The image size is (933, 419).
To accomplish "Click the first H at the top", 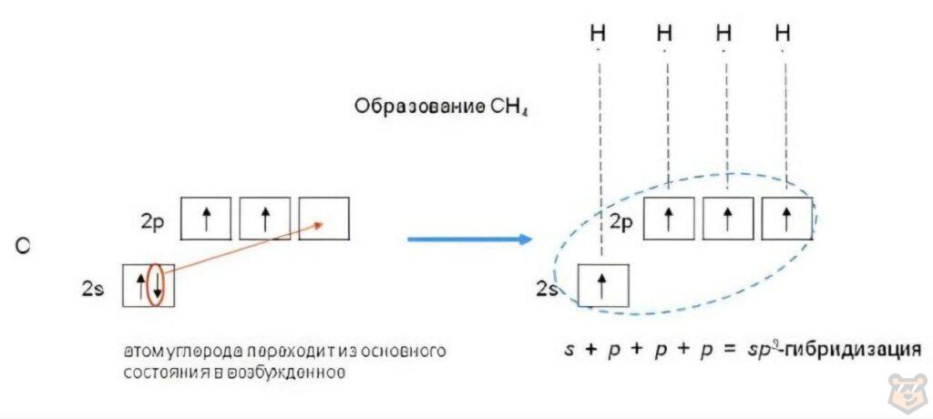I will tap(599, 34).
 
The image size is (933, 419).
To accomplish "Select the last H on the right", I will tap(783, 34).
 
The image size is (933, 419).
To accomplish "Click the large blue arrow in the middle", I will tap(469, 240).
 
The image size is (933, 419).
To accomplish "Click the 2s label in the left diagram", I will tap(94, 289).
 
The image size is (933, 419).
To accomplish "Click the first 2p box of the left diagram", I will tap(206, 219).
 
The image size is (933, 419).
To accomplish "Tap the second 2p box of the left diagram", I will tap(264, 219).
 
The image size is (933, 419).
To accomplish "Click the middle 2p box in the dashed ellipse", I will tap(727, 219).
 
